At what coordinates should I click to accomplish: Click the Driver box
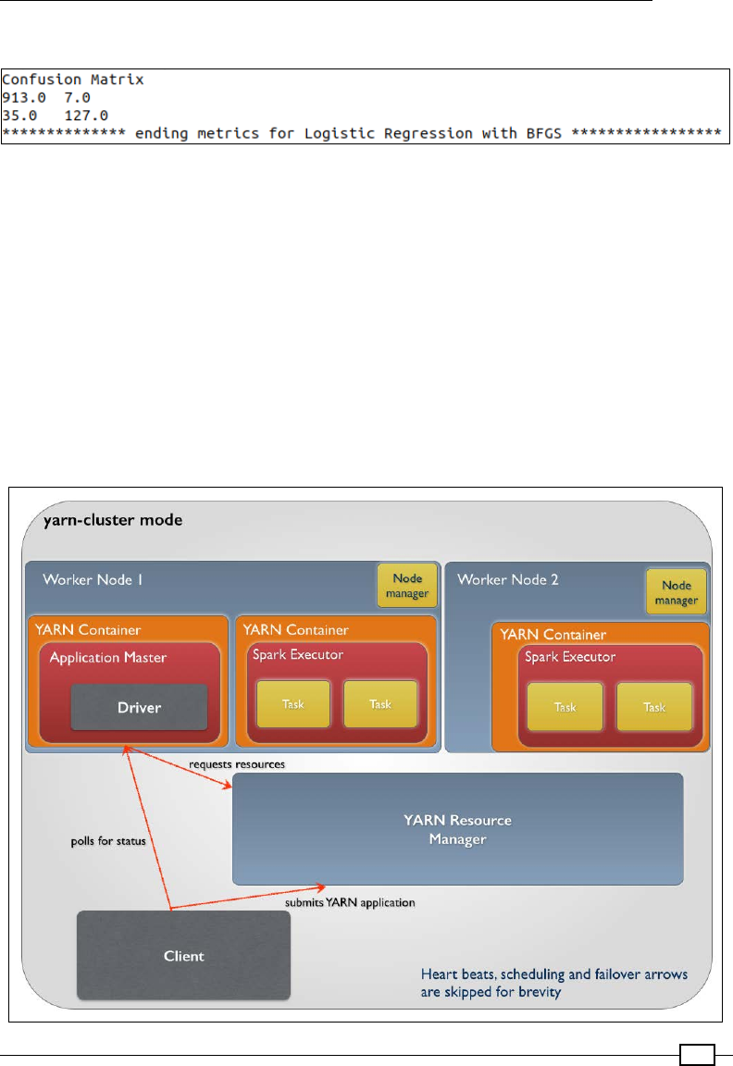click(139, 708)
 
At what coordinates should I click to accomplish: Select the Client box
click(183, 956)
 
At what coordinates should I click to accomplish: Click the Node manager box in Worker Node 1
click(406, 587)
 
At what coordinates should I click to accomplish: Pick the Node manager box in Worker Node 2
click(676, 593)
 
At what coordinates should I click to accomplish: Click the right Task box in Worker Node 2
click(654, 707)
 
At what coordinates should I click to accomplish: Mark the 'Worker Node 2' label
click(508, 580)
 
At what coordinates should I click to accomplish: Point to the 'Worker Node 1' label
click(93, 580)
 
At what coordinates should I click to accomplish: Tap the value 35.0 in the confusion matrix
click(17, 116)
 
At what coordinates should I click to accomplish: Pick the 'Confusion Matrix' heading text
click(72, 80)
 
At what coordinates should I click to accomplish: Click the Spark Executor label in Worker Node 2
click(569, 658)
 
